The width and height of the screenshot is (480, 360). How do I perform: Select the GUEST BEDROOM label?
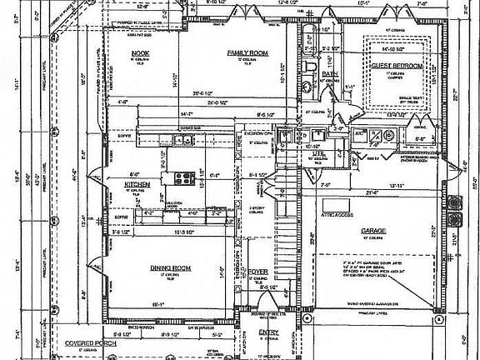397,66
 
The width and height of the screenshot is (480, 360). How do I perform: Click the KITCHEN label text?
137,183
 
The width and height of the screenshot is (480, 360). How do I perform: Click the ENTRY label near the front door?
268,332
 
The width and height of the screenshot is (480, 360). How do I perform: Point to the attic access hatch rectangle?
337,204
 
